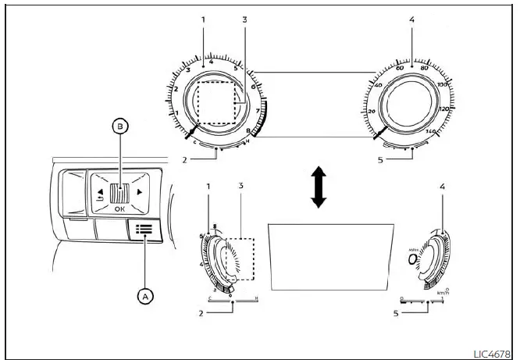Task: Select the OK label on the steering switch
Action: click(119, 209)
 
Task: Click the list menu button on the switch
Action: click(143, 229)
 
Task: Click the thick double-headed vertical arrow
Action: click(317, 185)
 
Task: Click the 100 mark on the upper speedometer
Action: click(443, 84)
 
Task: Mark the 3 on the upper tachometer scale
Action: click(188, 70)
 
